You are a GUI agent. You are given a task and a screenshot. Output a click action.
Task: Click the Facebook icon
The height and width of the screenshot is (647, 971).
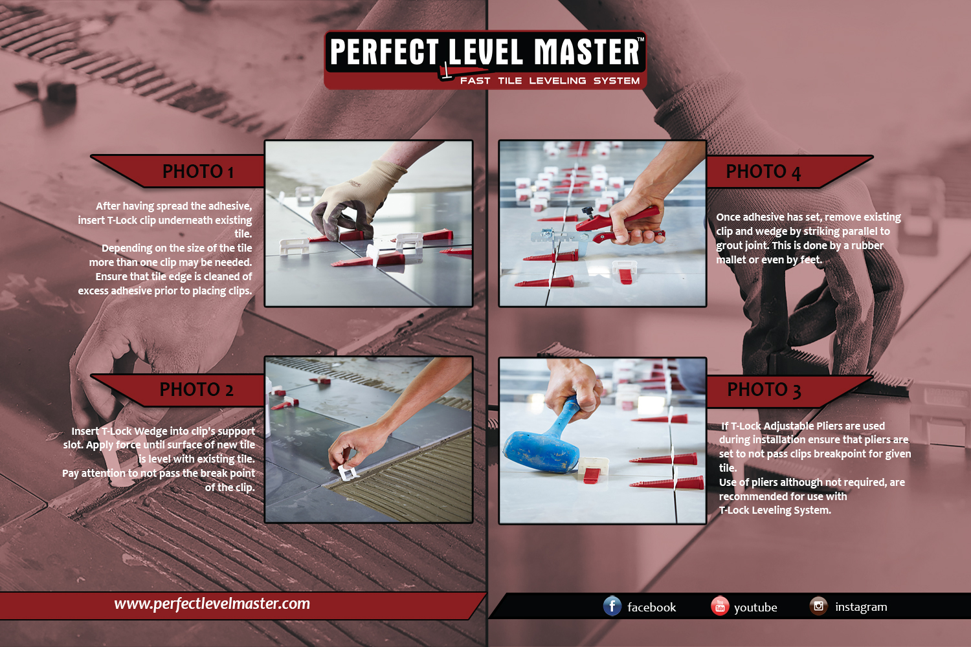click(612, 606)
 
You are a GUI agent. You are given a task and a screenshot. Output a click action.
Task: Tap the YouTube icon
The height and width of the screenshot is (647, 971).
click(720, 606)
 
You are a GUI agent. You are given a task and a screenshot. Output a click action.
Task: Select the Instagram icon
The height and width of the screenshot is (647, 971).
click(818, 606)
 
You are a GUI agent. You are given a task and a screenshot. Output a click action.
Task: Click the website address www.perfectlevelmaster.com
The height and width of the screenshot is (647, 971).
click(212, 604)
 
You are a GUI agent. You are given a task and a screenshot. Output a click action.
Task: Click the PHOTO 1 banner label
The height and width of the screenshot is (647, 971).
click(198, 171)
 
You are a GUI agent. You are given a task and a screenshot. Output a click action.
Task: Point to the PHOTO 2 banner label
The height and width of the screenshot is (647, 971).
click(196, 389)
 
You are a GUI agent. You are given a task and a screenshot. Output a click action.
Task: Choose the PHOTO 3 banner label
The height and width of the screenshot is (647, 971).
click(764, 389)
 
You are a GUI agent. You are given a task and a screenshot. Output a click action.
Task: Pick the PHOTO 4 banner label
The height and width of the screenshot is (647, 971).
click(763, 171)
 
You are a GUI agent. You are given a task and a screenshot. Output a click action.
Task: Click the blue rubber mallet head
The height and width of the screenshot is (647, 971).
click(540, 451)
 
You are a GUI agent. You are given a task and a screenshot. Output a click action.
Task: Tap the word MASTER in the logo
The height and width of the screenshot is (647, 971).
click(586, 52)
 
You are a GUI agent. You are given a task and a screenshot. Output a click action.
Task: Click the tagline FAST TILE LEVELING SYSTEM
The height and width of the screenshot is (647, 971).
click(550, 81)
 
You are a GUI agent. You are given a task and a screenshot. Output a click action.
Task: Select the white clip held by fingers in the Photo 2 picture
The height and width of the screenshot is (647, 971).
click(347, 473)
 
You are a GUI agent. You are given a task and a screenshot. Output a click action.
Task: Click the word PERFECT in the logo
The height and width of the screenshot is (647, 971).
click(384, 52)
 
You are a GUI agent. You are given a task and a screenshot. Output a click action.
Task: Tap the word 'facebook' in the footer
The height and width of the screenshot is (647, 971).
click(651, 607)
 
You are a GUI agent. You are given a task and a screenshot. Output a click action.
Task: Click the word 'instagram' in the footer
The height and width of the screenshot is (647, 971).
click(862, 607)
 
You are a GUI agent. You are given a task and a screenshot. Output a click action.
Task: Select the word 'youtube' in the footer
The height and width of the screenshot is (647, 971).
click(755, 608)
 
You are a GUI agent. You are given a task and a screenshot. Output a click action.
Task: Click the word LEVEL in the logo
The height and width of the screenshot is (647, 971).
click(485, 52)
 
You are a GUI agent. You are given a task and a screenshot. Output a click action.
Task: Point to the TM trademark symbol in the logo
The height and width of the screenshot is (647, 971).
click(641, 39)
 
